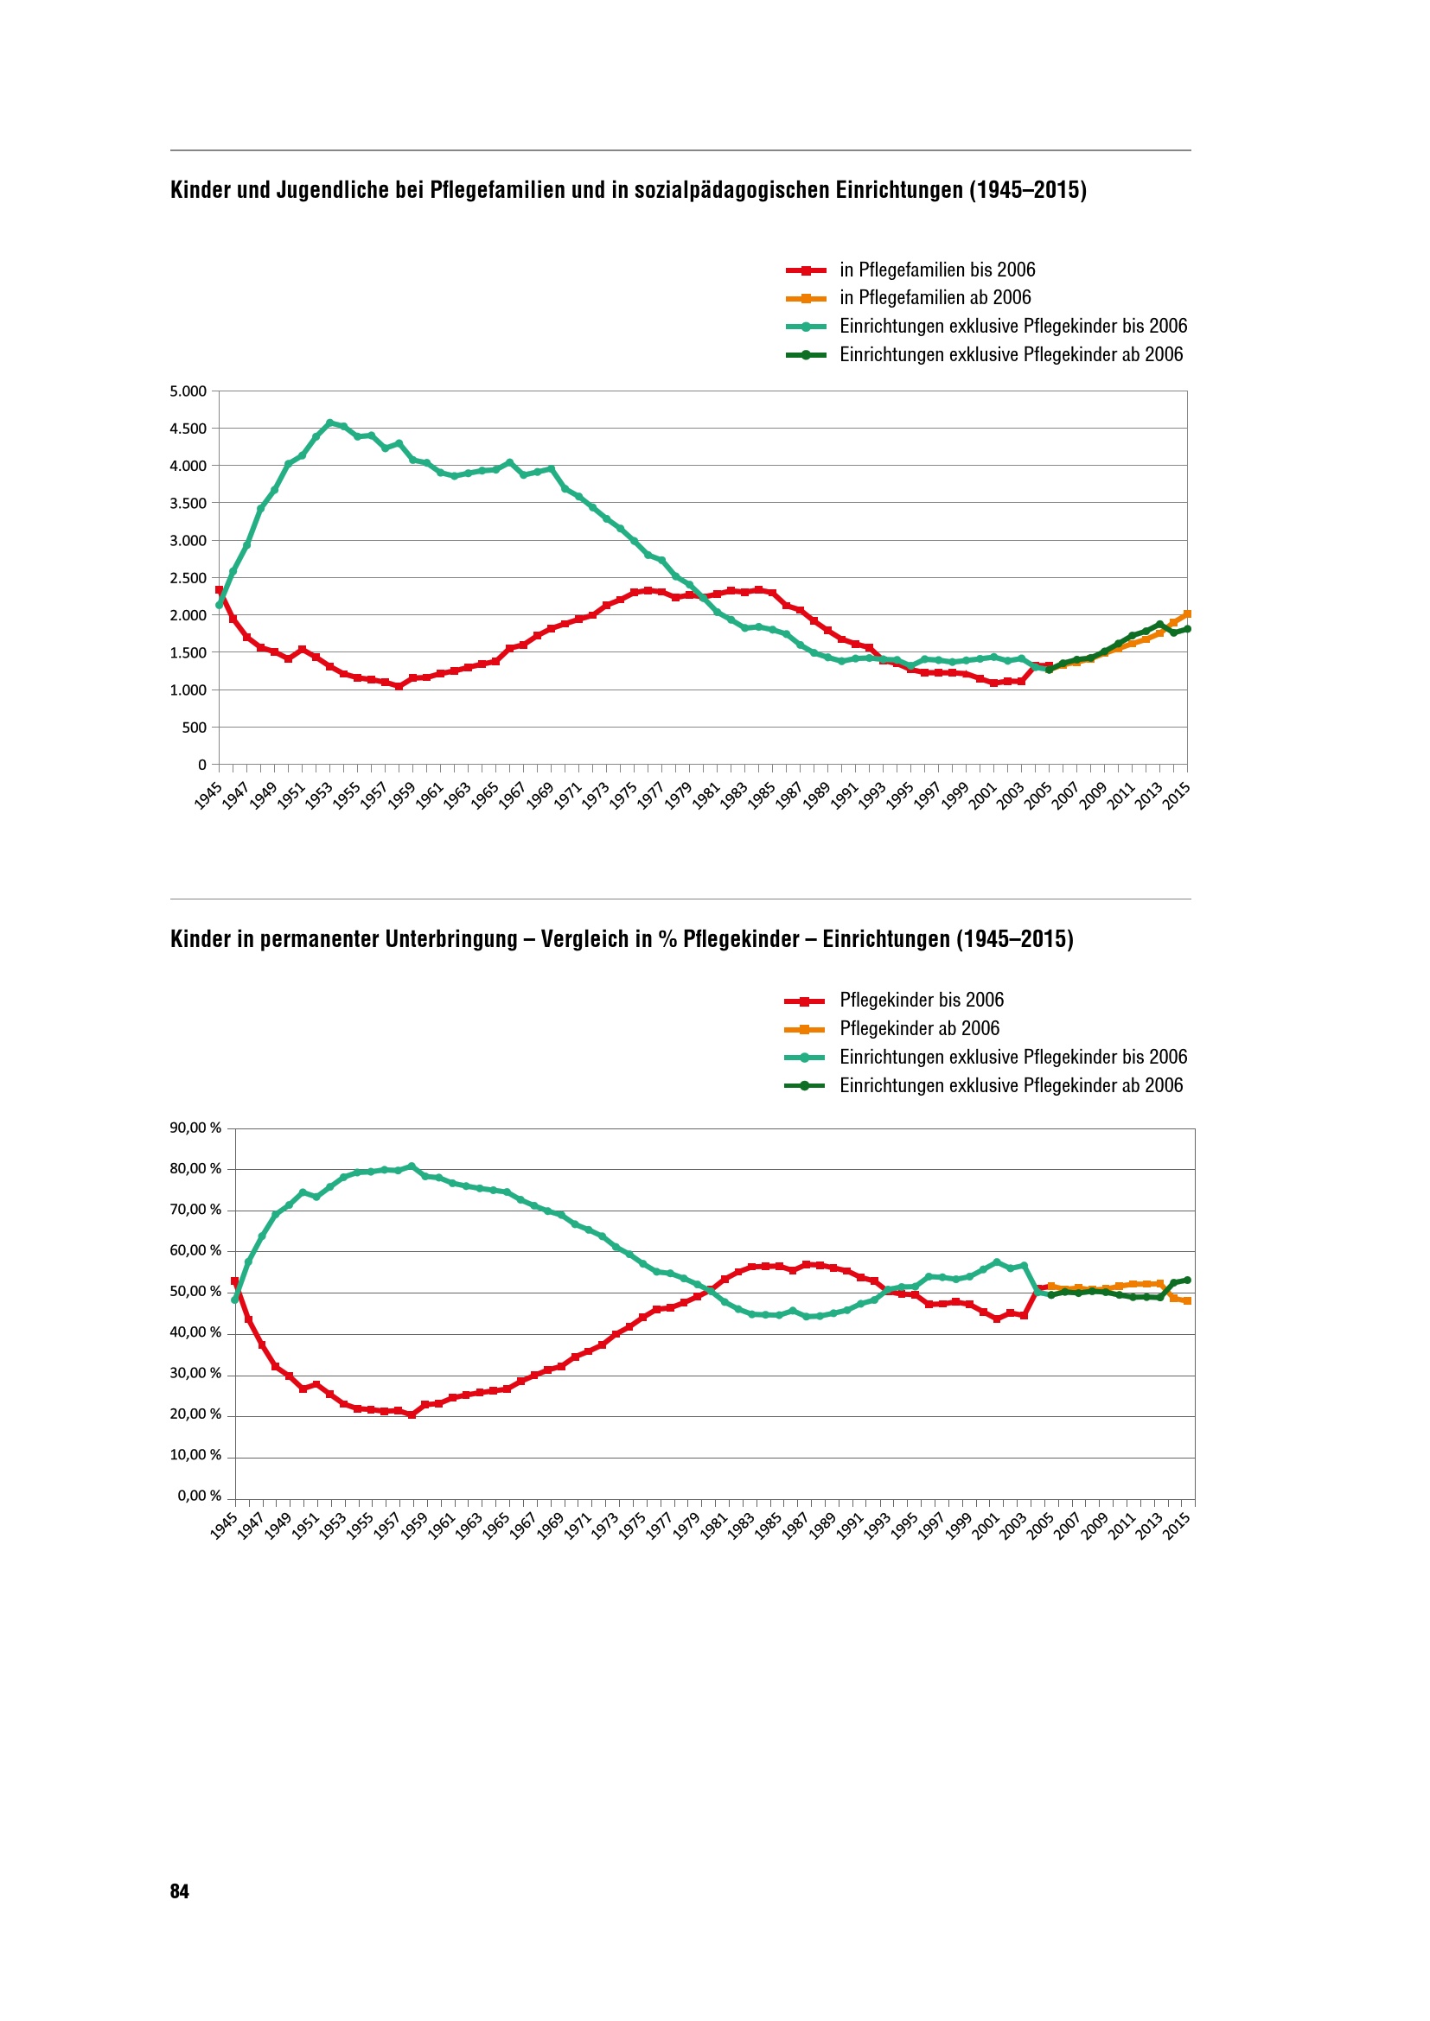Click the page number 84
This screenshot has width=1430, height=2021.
(x=179, y=1891)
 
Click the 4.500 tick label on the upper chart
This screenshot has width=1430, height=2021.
(x=188, y=429)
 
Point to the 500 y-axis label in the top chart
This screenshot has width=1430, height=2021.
(x=194, y=727)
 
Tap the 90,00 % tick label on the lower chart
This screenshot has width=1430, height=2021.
(x=195, y=1128)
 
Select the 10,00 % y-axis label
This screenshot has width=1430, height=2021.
(x=195, y=1455)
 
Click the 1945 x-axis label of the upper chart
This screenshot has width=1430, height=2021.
(x=208, y=795)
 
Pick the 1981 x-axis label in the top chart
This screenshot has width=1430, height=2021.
(x=706, y=795)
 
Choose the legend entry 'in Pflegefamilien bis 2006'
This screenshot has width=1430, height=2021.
(x=937, y=270)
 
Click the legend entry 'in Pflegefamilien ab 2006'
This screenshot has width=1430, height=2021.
(x=935, y=297)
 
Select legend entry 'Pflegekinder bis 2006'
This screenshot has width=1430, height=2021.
(x=921, y=1000)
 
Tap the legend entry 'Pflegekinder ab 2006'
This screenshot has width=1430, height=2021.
(x=919, y=1028)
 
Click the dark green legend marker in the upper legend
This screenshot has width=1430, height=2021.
(x=806, y=355)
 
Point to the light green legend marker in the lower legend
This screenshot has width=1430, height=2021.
(x=804, y=1057)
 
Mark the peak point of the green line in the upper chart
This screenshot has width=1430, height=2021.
(x=330, y=423)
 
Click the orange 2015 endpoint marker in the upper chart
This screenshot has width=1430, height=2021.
(x=1187, y=614)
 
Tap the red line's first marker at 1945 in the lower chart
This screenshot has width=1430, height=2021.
(x=235, y=1281)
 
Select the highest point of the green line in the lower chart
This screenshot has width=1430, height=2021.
(x=412, y=1166)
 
